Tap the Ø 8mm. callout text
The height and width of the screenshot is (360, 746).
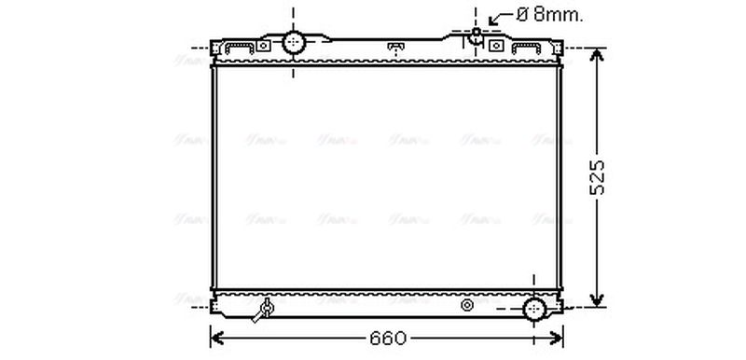[x=549, y=14]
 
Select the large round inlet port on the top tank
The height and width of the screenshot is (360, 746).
[x=295, y=42]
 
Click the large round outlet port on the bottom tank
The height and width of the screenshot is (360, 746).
[x=533, y=310]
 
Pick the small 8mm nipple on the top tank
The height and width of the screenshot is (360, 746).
[x=477, y=35]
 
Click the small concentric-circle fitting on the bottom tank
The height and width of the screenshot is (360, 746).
[x=468, y=305]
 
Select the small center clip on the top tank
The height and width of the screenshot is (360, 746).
[x=395, y=47]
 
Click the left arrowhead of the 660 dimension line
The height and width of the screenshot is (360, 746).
[x=216, y=338]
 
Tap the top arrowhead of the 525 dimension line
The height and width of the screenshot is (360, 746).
[x=598, y=54]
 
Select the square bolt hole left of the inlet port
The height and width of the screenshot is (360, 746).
[x=264, y=46]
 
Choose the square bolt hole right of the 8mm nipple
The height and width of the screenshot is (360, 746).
[x=496, y=46]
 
